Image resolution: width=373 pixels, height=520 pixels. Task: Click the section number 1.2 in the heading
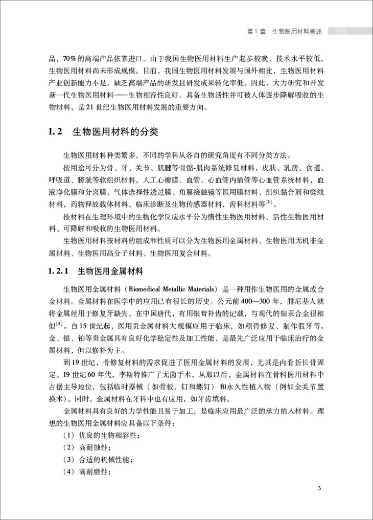coord(55,132)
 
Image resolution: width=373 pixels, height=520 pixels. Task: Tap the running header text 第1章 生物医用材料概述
coord(284,31)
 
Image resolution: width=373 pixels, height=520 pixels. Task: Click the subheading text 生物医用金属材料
coord(111,270)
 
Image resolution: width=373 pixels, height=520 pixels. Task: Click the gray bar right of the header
coord(351,31)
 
